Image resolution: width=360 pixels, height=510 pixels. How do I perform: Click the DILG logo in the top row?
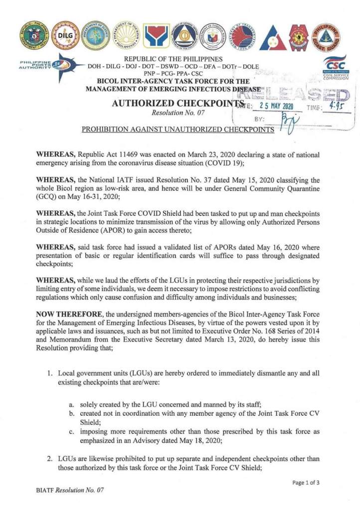(x=65, y=35)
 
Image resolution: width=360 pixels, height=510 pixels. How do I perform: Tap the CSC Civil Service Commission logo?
(x=335, y=68)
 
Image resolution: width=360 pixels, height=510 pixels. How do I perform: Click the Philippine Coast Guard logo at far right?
(x=326, y=35)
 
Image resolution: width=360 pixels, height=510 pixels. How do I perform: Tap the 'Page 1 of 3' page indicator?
(x=310, y=482)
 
